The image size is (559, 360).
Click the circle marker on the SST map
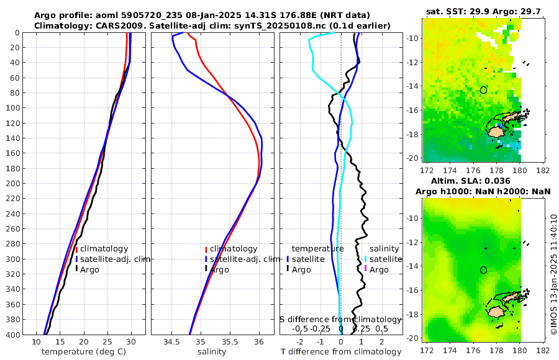tap(483, 90)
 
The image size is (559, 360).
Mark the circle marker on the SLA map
tap(483, 270)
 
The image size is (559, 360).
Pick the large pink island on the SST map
tap(496, 132)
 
